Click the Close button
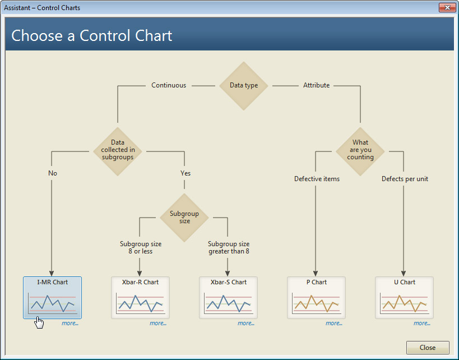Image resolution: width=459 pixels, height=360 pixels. (428, 348)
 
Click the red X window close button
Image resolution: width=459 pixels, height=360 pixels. (447, 8)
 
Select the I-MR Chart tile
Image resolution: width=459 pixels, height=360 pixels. (52, 298)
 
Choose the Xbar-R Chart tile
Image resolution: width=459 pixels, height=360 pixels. (140, 298)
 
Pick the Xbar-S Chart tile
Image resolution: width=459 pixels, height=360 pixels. (228, 298)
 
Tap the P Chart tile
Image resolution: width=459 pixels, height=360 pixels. (317, 298)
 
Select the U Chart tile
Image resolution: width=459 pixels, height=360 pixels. (404, 298)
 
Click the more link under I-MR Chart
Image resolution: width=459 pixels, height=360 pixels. (70, 323)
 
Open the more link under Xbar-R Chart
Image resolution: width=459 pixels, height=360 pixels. (158, 323)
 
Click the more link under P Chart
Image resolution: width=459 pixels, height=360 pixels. (334, 323)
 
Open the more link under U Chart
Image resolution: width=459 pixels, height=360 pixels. (422, 323)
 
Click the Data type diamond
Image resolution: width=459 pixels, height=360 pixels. (244, 86)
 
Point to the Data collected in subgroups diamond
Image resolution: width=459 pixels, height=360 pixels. (118, 151)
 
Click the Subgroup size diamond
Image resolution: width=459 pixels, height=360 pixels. (184, 218)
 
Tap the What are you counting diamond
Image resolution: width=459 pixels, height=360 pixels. (360, 151)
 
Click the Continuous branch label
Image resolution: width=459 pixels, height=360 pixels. (169, 85)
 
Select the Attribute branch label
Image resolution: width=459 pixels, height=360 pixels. (317, 85)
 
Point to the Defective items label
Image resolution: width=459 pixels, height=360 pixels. (317, 179)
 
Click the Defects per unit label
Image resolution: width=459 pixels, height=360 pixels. (405, 179)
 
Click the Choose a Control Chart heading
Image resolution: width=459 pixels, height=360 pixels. (91, 36)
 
